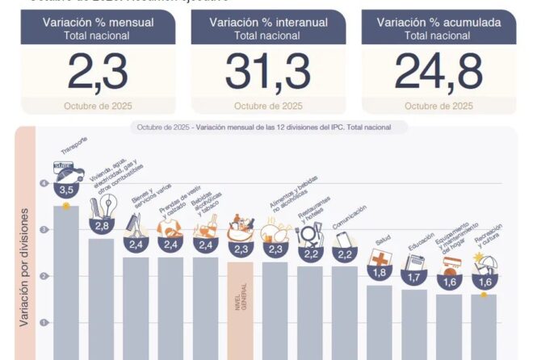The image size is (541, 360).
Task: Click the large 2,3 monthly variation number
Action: coord(98,72)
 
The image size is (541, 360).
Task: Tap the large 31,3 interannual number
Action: coord(269,72)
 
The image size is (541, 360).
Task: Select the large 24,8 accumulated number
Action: coord(438,72)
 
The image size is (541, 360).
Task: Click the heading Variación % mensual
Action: coord(99,22)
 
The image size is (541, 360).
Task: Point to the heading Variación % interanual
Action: coord(269,22)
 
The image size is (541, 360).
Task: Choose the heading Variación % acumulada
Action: coord(438,22)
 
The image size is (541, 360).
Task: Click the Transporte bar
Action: coord(66,283)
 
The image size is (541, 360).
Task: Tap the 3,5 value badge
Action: coord(67,190)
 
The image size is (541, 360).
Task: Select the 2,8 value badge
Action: coord(102,225)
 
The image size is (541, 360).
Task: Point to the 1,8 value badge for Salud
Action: coord(380,273)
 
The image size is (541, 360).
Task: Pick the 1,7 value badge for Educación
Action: coord(415,277)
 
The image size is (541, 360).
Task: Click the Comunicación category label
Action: coord(349,219)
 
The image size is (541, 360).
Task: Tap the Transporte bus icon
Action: coord(68,172)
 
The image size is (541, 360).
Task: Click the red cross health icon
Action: coord(380,257)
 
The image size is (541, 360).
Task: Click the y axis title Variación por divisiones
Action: coord(24,278)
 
